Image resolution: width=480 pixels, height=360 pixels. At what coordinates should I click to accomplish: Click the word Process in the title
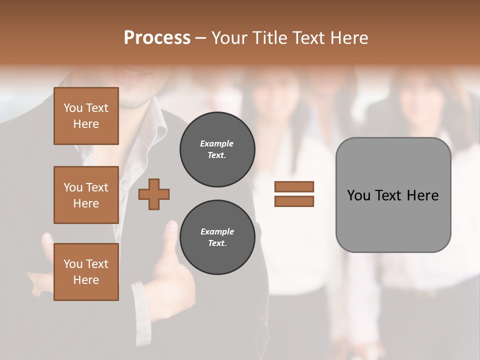(157, 38)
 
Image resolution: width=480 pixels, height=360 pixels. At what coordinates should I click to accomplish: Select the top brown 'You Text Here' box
(86, 116)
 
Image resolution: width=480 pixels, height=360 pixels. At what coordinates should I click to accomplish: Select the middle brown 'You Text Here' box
(86, 195)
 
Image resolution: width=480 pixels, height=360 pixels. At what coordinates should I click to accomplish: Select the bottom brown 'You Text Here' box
(86, 272)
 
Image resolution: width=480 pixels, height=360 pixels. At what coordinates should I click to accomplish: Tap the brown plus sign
(154, 194)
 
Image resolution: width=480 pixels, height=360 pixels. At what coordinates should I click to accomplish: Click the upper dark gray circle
(217, 149)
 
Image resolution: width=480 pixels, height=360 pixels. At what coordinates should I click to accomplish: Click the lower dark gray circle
(217, 237)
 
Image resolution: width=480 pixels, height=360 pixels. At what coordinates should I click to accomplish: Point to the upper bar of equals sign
(294, 186)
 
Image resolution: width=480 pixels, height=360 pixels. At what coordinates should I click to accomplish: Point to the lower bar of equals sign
(294, 201)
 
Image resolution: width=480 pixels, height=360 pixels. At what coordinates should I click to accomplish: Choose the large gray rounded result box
(393, 195)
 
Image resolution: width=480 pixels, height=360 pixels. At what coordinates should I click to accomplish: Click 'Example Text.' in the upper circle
(217, 149)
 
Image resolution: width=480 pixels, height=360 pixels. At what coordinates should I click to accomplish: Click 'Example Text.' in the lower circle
(217, 237)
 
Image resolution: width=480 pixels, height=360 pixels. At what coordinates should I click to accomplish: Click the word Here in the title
(350, 38)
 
